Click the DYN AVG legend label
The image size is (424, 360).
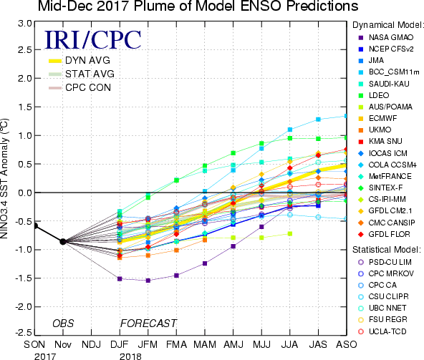click(x=87, y=60)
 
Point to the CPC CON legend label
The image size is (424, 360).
click(x=88, y=87)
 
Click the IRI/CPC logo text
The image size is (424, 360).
click(x=93, y=39)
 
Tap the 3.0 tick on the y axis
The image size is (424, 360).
click(x=25, y=24)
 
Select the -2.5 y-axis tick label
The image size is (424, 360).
click(x=24, y=332)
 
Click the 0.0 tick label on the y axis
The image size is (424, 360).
click(x=25, y=193)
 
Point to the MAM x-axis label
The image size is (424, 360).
click(x=205, y=344)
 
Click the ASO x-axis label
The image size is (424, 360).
click(x=347, y=344)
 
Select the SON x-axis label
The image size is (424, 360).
click(x=34, y=344)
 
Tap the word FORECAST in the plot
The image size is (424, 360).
click(x=148, y=323)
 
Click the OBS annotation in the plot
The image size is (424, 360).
click(x=63, y=323)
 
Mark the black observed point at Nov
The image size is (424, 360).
click(x=63, y=242)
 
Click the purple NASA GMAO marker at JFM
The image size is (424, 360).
click(x=148, y=281)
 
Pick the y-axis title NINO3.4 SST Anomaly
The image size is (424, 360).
click(x=4, y=178)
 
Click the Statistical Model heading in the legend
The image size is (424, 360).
click(x=387, y=250)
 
